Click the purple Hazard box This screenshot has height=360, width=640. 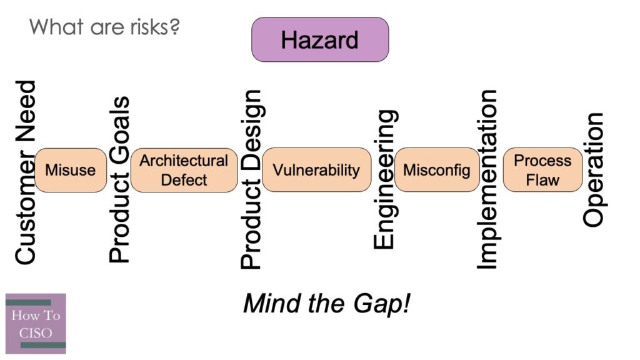(x=319, y=39)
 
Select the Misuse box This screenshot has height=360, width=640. (x=70, y=170)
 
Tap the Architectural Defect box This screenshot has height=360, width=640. (x=184, y=170)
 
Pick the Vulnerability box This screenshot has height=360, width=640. (x=316, y=170)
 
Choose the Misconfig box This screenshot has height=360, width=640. (x=436, y=170)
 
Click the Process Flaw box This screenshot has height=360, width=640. (x=542, y=170)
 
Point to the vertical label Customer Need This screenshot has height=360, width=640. (x=25, y=172)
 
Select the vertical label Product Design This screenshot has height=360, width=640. (x=251, y=180)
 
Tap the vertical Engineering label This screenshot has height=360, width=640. (x=384, y=180)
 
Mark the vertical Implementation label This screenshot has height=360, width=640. (x=487, y=180)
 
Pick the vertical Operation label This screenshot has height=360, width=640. (x=594, y=170)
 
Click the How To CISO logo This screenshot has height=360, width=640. (x=36, y=324)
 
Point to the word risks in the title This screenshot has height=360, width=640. (x=150, y=28)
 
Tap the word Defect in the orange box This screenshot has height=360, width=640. (x=184, y=180)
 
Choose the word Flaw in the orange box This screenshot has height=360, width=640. (x=542, y=180)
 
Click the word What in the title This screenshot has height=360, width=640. (x=52, y=27)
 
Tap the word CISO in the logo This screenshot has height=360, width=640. (x=36, y=332)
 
